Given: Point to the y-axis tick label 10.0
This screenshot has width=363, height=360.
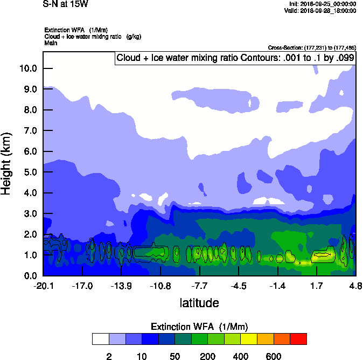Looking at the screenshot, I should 28,68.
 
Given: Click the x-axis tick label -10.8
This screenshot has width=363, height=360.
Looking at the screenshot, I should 160,285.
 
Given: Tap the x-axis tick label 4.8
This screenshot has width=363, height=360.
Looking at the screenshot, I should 355,285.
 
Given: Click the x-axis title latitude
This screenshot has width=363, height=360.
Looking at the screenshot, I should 199,303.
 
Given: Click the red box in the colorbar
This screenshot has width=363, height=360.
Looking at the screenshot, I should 298,338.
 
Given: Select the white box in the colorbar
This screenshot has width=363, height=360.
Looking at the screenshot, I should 100,338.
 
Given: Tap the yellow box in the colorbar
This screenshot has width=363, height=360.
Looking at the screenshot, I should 249,338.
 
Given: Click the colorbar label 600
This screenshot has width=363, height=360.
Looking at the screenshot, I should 274,356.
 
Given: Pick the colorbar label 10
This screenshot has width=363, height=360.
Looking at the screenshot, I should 142,356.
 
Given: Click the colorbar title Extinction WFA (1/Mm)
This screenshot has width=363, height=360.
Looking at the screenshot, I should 199,327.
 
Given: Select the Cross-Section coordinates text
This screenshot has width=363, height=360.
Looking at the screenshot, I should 312,48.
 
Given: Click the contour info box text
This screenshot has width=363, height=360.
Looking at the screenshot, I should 234,58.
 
